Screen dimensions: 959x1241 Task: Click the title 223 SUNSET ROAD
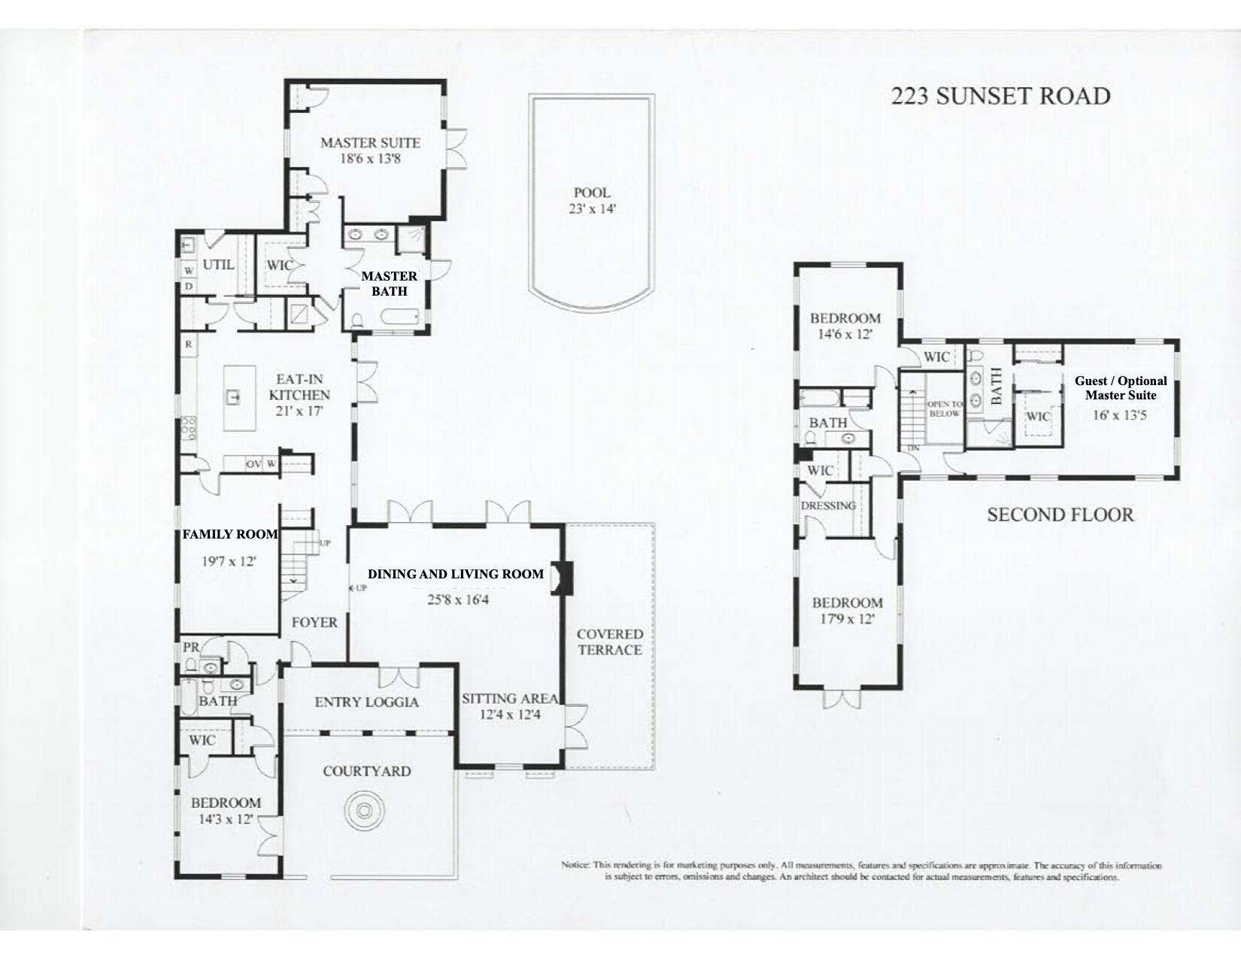point(1000,96)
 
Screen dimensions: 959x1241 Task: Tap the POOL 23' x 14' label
point(592,201)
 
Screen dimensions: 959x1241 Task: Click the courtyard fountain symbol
point(364,811)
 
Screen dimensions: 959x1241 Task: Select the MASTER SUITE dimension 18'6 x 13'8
point(370,159)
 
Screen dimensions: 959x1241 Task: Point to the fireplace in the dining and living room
point(561,578)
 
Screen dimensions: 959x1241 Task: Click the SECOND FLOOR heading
point(1060,515)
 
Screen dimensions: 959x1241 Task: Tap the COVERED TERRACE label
point(610,642)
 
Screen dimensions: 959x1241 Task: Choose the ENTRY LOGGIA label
point(366,702)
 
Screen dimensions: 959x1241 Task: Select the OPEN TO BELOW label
point(944,408)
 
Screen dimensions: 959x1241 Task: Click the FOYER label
point(314,622)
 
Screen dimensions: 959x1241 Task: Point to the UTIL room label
point(218,265)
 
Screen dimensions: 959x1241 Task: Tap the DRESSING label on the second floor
point(828,505)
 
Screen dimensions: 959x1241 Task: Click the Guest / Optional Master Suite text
point(1121,388)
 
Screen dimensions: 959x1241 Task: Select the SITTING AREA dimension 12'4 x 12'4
point(510,715)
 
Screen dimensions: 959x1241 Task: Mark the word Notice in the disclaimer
point(575,865)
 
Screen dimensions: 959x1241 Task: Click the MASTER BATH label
point(389,284)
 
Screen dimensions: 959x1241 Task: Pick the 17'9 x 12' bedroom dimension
point(847,620)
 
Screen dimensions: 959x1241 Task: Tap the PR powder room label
point(190,647)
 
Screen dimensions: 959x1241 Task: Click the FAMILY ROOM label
point(230,534)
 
